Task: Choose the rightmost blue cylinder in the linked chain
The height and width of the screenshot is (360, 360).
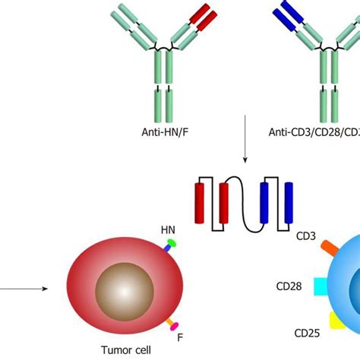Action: click(x=287, y=202)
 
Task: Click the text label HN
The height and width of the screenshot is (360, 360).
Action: click(x=167, y=229)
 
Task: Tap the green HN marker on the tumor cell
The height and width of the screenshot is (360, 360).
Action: click(x=171, y=244)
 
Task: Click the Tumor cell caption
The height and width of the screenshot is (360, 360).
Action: click(x=125, y=350)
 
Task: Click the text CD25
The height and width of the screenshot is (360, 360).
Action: click(x=306, y=332)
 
